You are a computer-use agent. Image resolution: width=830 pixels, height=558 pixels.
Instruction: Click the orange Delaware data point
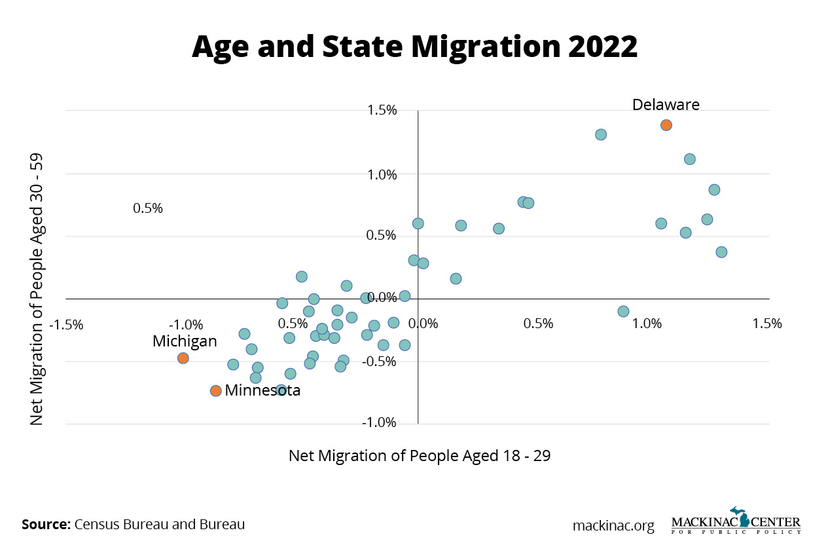666,125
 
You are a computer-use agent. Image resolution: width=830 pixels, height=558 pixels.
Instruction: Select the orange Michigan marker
183,358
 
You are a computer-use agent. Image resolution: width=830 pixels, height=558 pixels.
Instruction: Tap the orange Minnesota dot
216,391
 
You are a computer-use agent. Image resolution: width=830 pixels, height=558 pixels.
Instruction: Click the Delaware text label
666,105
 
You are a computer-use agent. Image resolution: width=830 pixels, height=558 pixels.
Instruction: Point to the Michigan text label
185,341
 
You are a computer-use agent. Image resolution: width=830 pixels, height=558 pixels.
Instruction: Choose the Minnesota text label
262,391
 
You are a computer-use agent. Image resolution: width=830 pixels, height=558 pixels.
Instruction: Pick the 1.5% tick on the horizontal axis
767,324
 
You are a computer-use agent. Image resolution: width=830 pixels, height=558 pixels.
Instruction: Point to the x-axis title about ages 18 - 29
420,456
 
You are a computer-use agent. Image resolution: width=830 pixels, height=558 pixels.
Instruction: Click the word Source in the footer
46,525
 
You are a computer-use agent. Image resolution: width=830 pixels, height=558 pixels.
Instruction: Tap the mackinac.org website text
613,526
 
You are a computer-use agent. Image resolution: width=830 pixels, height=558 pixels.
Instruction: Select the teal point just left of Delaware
601,135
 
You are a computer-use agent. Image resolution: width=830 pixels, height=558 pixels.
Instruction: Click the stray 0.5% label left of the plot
148,208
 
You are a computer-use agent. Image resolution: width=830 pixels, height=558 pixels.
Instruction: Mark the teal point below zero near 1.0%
623,312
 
